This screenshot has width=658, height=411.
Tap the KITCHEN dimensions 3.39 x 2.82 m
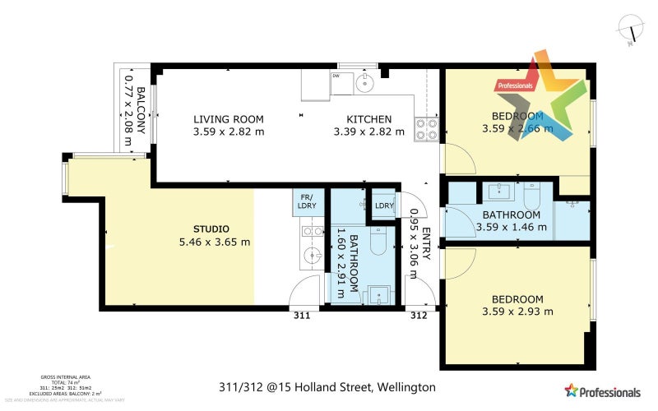click(369, 132)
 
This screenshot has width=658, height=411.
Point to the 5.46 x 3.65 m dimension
click(214, 242)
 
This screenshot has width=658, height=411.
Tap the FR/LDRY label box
click(308, 202)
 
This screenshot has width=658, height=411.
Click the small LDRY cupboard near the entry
click(384, 205)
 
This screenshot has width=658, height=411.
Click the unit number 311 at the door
click(302, 315)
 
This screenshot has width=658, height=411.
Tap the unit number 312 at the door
click(418, 315)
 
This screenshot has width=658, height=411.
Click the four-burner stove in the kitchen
click(426, 127)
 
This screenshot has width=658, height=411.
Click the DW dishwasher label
click(336, 76)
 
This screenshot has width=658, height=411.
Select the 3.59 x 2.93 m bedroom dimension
click(517, 312)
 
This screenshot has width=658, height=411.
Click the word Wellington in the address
click(406, 386)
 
